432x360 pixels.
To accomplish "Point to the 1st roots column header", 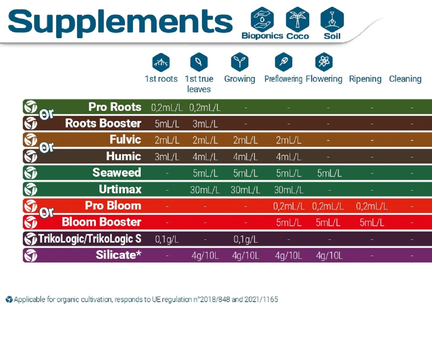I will [x=161, y=79].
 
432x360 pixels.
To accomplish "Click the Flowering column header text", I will [x=324, y=79].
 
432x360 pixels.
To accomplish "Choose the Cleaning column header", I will [x=405, y=79].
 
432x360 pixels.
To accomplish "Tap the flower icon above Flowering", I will [x=321, y=62].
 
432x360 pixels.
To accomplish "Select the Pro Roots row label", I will [x=115, y=107].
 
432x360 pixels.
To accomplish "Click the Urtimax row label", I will [x=120, y=189].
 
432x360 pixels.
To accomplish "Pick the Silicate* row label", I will [x=118, y=255].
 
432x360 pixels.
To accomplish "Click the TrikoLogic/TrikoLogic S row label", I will [x=90, y=238].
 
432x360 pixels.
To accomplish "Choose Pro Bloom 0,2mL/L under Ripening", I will [x=372, y=206].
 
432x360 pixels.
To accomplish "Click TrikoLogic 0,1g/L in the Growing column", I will [x=245, y=239].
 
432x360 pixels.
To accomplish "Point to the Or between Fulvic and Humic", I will [x=46, y=148].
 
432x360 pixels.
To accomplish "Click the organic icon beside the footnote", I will [x=9, y=300].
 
